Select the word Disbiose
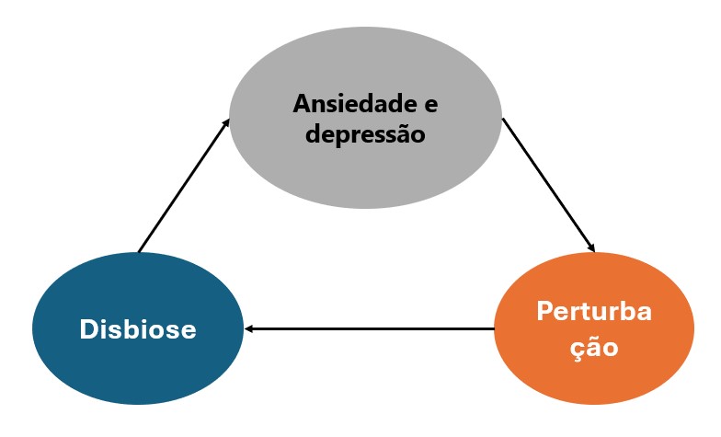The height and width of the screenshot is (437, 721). pos(138,329)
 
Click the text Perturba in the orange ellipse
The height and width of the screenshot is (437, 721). pos(594,311)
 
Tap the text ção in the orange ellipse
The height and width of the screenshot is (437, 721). pos(593,349)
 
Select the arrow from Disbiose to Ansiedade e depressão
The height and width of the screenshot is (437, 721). pos(183,185)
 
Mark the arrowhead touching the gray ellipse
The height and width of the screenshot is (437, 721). pos(226,121)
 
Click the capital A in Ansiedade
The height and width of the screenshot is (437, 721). pos(301,103)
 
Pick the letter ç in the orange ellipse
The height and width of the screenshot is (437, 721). pos(574,351)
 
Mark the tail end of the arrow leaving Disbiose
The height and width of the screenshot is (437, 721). pos(139,250)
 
